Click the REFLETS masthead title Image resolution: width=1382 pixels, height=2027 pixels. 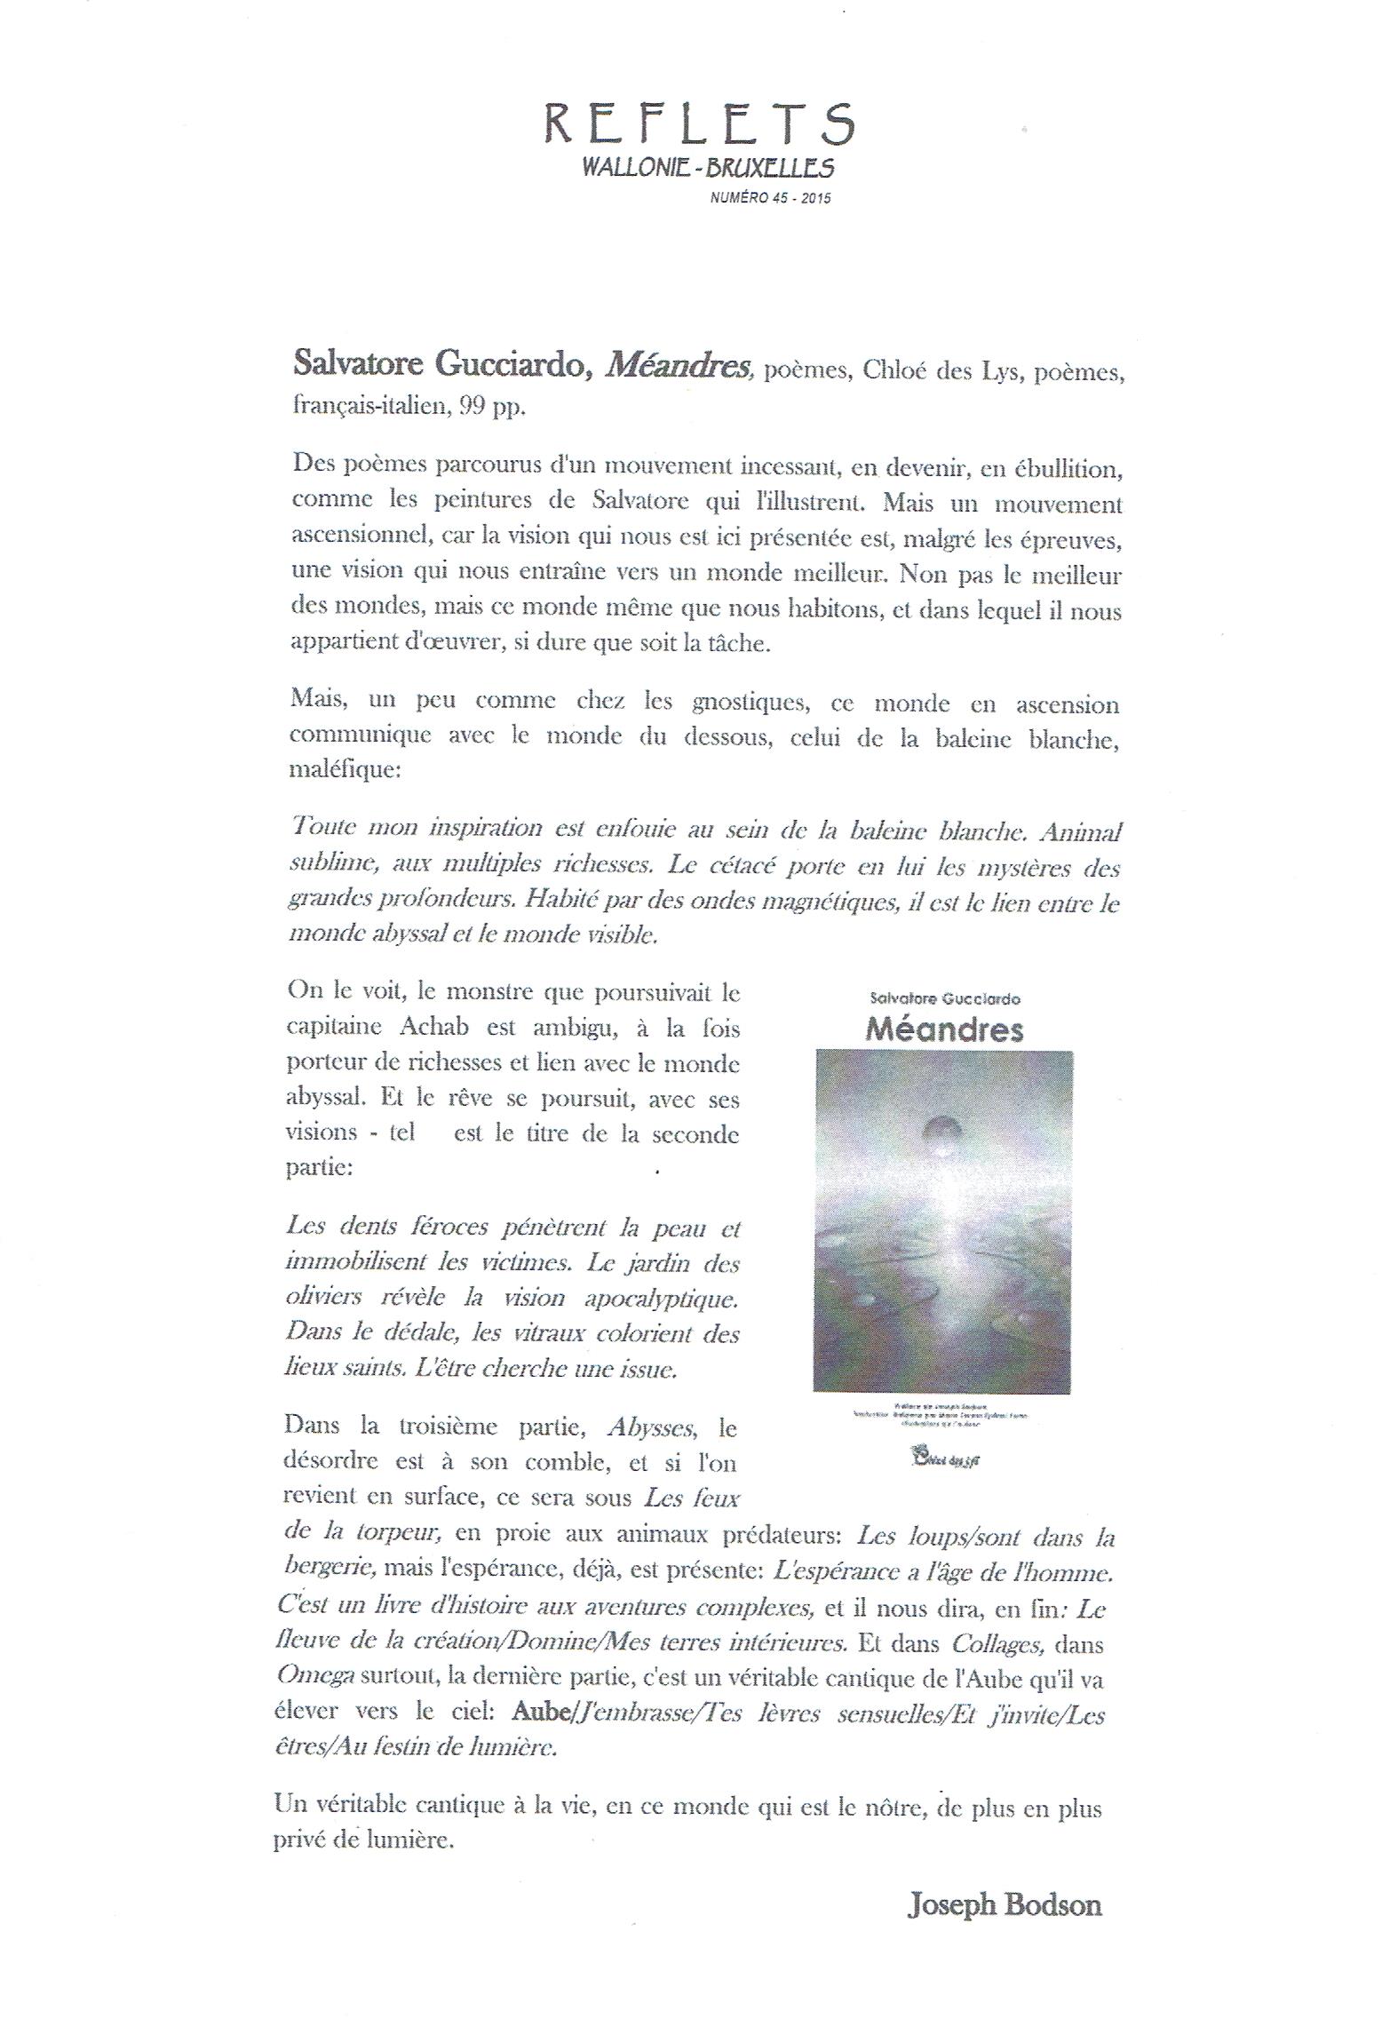(699, 123)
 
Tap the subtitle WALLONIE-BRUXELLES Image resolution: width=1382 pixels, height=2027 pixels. (707, 167)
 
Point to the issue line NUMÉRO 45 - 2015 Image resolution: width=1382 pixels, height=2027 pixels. (770, 199)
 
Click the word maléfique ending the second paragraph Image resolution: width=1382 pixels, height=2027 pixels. (345, 769)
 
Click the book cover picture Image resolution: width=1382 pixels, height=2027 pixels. (942, 1222)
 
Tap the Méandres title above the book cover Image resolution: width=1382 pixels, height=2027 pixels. (944, 1029)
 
